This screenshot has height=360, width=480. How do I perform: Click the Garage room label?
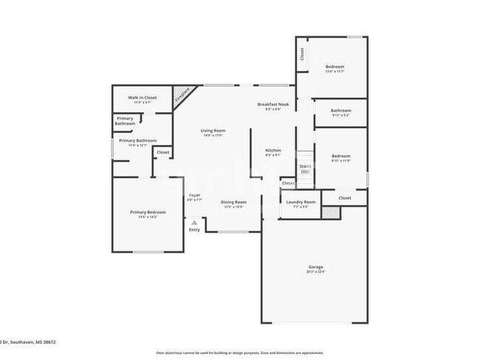tap(315, 266)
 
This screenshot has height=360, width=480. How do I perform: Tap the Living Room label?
tap(212, 132)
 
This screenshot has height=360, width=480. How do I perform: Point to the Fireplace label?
tap(182, 95)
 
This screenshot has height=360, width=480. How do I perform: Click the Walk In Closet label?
tap(143, 98)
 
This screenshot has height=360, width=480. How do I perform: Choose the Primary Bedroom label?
tap(148, 212)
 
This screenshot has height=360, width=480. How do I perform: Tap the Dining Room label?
tap(234, 202)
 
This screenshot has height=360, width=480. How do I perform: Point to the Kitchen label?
tap(273, 150)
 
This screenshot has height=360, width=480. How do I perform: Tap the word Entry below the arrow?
tap(194, 230)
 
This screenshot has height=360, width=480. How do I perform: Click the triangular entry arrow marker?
tap(194, 221)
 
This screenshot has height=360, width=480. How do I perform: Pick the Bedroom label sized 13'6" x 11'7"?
tap(335, 67)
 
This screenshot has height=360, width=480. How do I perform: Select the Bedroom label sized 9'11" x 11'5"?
tap(340, 156)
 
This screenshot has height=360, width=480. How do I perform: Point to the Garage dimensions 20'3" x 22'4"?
tap(315, 271)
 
